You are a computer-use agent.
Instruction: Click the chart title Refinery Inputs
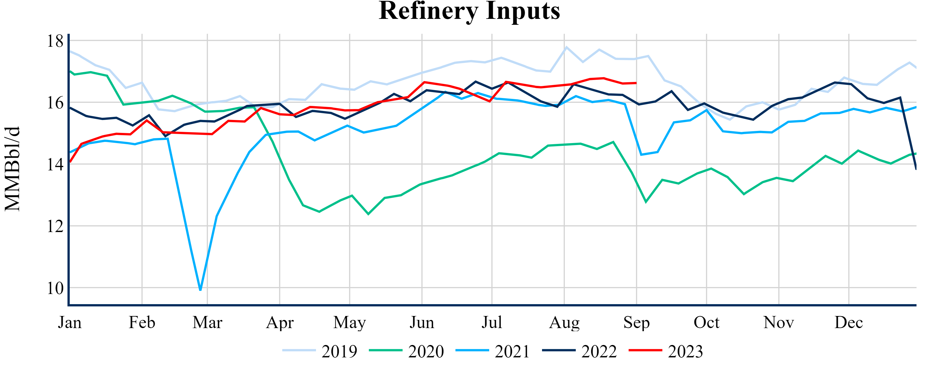tap(469, 11)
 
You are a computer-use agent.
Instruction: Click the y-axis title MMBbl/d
tap(12, 169)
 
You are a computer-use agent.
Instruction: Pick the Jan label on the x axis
tap(70, 322)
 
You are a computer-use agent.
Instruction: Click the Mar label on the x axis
tap(207, 322)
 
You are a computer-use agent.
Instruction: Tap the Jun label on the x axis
tap(422, 322)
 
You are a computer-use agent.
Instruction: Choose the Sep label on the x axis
tap(636, 322)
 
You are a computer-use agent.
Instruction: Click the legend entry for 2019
tap(320, 351)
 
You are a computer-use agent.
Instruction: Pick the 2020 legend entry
tap(407, 351)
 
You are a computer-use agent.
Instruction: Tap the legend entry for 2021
tap(493, 351)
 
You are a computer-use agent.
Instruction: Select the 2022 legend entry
tap(580, 351)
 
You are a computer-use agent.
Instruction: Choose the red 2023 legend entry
tap(666, 351)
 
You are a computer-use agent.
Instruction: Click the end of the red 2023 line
tap(636, 83)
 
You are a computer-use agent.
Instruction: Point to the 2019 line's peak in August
tap(566, 47)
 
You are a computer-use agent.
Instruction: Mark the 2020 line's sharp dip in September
tap(646, 202)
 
